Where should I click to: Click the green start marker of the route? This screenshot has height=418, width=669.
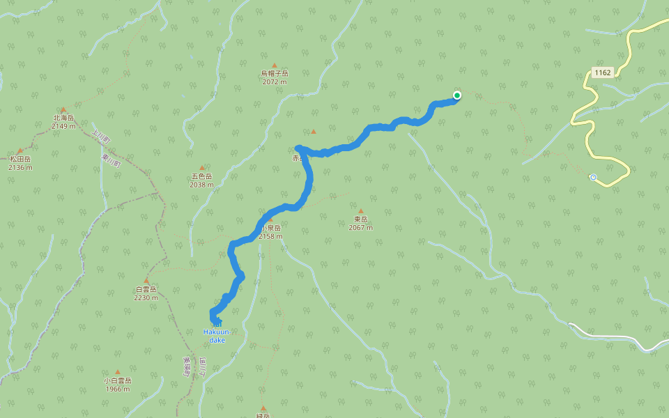click(x=456, y=95)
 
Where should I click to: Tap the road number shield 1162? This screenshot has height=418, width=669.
click(x=602, y=72)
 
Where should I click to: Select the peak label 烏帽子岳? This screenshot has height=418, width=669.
click(x=275, y=73)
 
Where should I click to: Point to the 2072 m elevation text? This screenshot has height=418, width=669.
click(x=275, y=82)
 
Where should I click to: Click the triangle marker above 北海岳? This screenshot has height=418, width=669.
click(x=63, y=109)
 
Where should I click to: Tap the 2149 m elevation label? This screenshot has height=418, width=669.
click(x=63, y=126)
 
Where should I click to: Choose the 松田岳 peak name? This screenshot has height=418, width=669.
click(x=20, y=159)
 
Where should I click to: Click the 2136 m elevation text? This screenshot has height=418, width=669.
click(x=20, y=167)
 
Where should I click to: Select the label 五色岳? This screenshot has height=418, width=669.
click(x=201, y=176)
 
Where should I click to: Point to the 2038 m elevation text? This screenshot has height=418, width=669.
click(x=201, y=185)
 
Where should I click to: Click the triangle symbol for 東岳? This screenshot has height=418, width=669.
click(x=360, y=210)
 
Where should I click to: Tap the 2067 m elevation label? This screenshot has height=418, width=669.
click(x=360, y=228)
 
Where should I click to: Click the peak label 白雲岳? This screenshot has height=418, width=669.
click(x=146, y=289)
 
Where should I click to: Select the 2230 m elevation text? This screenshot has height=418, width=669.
click(x=146, y=297)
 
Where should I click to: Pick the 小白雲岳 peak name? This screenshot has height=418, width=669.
click(x=117, y=380)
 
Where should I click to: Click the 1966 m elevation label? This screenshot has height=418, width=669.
click(x=117, y=389)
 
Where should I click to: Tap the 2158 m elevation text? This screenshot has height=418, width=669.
click(x=270, y=236)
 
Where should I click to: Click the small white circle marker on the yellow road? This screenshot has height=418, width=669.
click(x=593, y=177)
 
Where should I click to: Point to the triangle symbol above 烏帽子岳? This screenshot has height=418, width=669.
click(x=275, y=65)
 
